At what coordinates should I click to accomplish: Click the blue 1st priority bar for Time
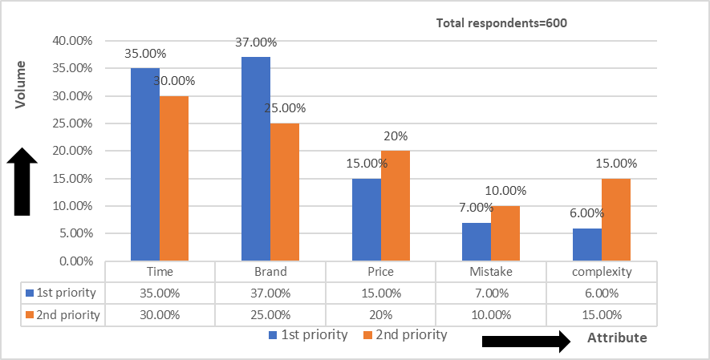pos(145,164)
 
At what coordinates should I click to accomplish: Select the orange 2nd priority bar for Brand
pos(286,192)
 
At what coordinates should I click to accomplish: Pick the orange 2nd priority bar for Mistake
pos(505,233)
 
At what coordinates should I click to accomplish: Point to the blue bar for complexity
pos(587,245)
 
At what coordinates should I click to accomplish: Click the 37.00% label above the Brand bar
pos(256,42)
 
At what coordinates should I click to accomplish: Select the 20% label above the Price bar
pos(396,136)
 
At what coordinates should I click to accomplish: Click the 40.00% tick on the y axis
pos(73,41)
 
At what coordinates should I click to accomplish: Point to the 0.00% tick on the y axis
pos(76,261)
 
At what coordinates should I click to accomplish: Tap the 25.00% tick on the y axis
pos(73,123)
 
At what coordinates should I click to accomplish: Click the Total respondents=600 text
pos(501,23)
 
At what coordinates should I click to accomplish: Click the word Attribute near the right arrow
pos(617,338)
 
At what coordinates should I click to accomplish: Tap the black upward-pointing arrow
pos(22,184)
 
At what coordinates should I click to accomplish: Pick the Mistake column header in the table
pos(491,272)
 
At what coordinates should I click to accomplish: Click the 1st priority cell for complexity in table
pos(602,293)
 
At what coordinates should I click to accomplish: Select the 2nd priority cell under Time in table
pos(160,314)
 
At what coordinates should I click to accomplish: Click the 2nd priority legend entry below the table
pos(405,334)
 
